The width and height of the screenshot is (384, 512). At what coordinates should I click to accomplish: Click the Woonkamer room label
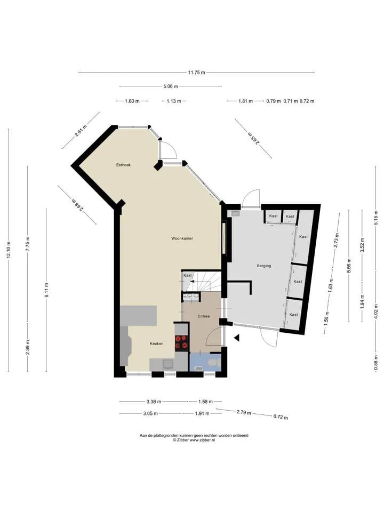[182, 238]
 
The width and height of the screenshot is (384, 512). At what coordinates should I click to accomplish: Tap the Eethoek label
[123, 165]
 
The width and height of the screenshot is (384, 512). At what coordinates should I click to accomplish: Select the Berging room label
[264, 266]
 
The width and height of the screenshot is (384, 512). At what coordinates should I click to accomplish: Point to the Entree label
[204, 316]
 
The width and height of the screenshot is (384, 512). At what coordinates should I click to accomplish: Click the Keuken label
[156, 343]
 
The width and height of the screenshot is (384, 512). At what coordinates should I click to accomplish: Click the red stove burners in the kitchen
[181, 342]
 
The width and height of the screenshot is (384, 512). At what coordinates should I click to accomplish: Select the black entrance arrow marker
[237, 338]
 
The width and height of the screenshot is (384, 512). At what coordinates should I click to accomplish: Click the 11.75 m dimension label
[197, 73]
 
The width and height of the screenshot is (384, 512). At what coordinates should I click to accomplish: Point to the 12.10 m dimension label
[9, 250]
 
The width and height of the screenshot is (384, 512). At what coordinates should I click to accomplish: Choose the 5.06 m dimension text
[171, 86]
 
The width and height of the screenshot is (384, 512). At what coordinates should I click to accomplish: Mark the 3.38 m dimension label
[154, 402]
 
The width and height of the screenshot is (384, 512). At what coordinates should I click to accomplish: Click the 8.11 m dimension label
[47, 290]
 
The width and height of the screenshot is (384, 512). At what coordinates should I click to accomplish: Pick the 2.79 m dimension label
[244, 412]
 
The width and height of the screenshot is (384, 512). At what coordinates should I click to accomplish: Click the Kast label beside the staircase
[187, 275]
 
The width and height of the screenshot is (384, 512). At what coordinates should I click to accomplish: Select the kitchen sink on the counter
[169, 364]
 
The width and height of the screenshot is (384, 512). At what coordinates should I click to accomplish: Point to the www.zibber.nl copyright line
[194, 440]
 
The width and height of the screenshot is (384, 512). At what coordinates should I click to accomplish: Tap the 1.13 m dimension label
[174, 101]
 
